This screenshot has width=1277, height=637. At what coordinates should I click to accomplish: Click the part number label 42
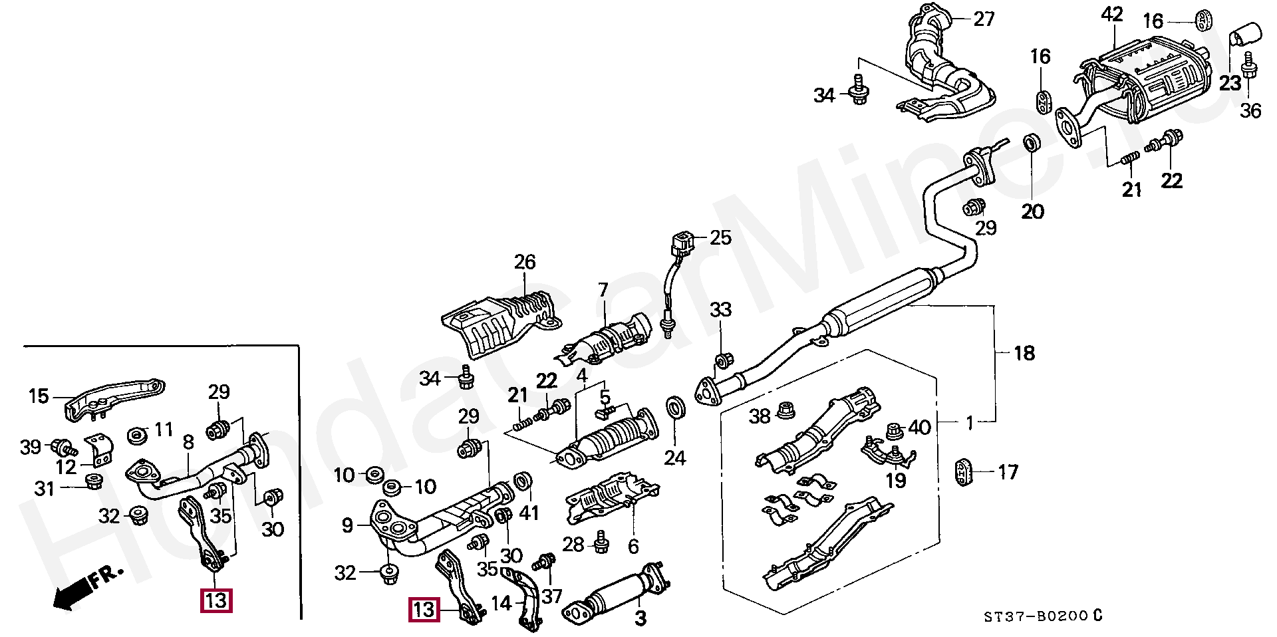[x=1111, y=15]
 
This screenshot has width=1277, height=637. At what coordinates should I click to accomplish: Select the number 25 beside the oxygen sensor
[x=720, y=237]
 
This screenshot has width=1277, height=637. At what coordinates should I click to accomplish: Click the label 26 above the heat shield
[x=524, y=262]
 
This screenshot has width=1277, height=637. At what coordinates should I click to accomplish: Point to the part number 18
[x=1024, y=352]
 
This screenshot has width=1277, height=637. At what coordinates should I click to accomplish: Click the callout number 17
[x=1008, y=472]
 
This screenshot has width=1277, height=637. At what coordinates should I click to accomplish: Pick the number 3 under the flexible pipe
[x=640, y=619]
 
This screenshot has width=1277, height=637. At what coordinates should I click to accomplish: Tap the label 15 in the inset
[x=39, y=397]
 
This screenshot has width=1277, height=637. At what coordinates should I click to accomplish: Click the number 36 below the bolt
[x=1250, y=110]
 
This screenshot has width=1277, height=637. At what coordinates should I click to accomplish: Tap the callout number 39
[x=31, y=447]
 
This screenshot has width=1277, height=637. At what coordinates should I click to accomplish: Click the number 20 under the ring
[x=1033, y=212]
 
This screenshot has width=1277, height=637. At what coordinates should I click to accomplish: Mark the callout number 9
[x=347, y=526]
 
